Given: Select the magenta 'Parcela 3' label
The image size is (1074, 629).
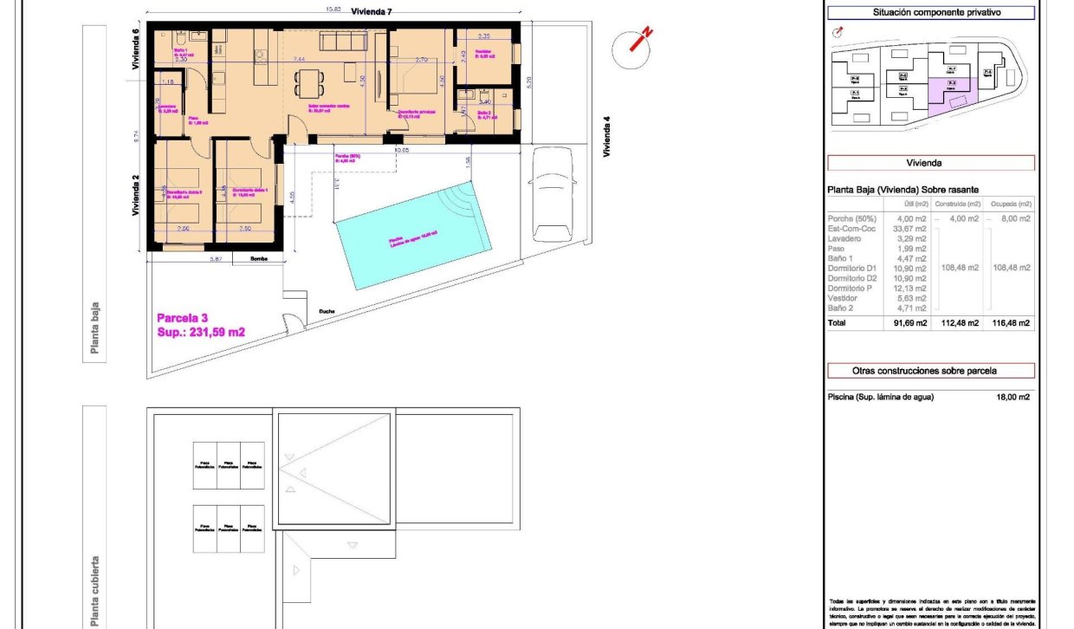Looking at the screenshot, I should [x=182, y=318].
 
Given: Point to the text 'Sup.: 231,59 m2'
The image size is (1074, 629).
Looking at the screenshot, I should [x=201, y=332].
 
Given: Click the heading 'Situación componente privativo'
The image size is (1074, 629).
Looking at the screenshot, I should [x=931, y=13].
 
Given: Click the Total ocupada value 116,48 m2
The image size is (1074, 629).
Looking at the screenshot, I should [x=1013, y=323].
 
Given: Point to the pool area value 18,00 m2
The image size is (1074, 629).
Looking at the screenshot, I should [x=1013, y=397].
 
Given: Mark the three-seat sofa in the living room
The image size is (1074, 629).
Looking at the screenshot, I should [x=340, y=42].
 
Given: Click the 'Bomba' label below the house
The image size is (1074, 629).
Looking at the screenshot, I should [x=258, y=258].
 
